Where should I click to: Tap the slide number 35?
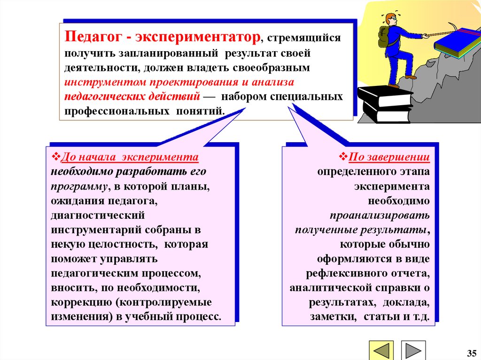pyautogui.click(x=471, y=352)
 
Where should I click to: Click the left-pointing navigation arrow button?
pyautogui.click(x=383, y=350)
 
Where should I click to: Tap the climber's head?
pyautogui.click(x=391, y=20)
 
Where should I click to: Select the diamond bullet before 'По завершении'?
pyautogui.click(x=343, y=156)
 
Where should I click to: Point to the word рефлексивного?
pyautogui.click(x=339, y=273)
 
